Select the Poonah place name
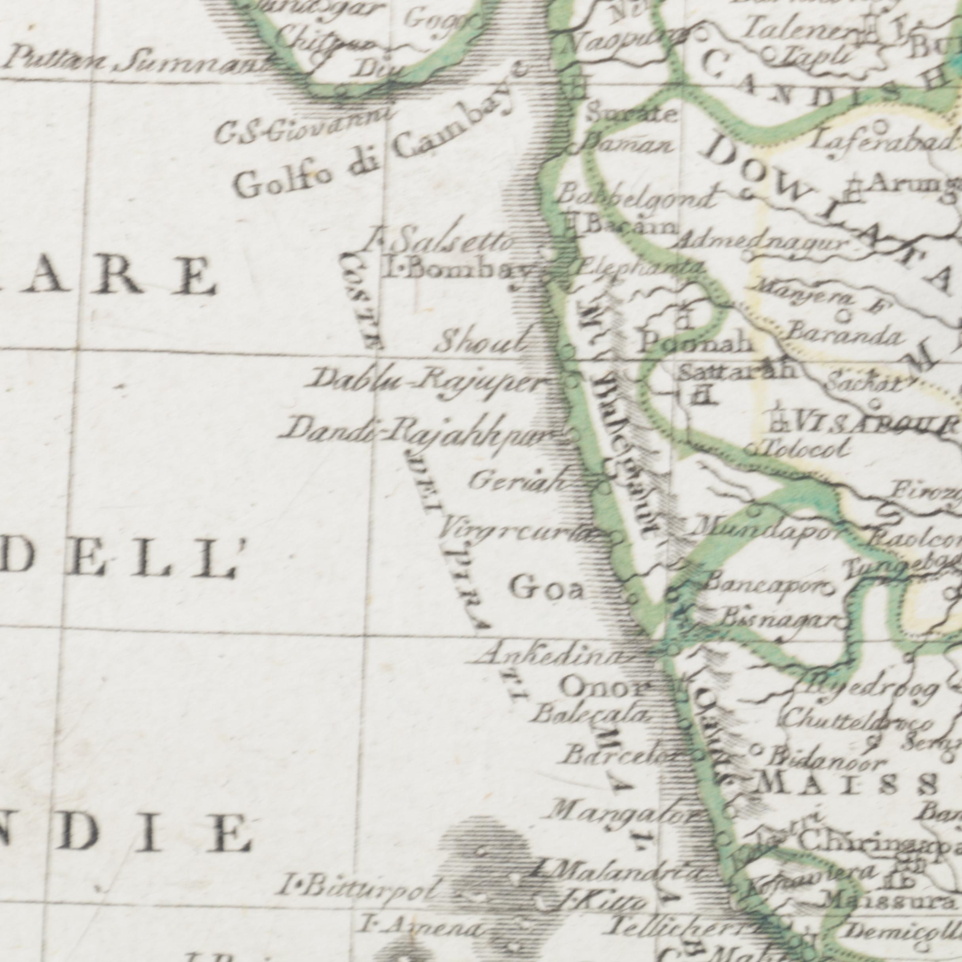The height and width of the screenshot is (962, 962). point(695,343)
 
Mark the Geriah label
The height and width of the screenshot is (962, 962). point(518,481)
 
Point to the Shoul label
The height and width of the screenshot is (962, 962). point(481,343)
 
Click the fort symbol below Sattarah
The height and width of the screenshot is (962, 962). point(700,396)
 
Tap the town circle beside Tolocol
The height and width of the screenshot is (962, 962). point(751,450)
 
